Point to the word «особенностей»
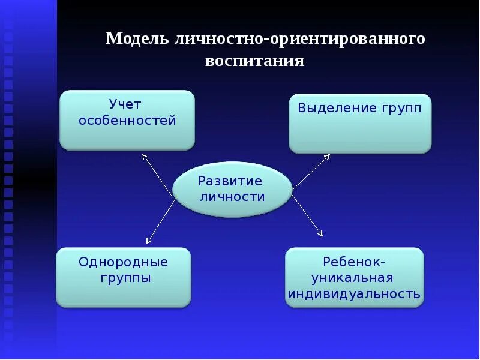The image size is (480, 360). coord(128,121)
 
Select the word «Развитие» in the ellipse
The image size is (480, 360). coord(230,181)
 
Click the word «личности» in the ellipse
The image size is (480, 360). coord(231,196)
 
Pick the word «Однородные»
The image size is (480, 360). coord(124,262)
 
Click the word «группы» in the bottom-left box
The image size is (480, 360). coord(126,278)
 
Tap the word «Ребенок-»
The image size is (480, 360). coord(354,262)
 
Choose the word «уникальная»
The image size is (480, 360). coord(353,278)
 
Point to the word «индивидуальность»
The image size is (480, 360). coord(354,294)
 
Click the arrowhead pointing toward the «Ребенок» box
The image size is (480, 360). coord(320,233)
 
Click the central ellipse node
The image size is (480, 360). coord(232,188)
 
